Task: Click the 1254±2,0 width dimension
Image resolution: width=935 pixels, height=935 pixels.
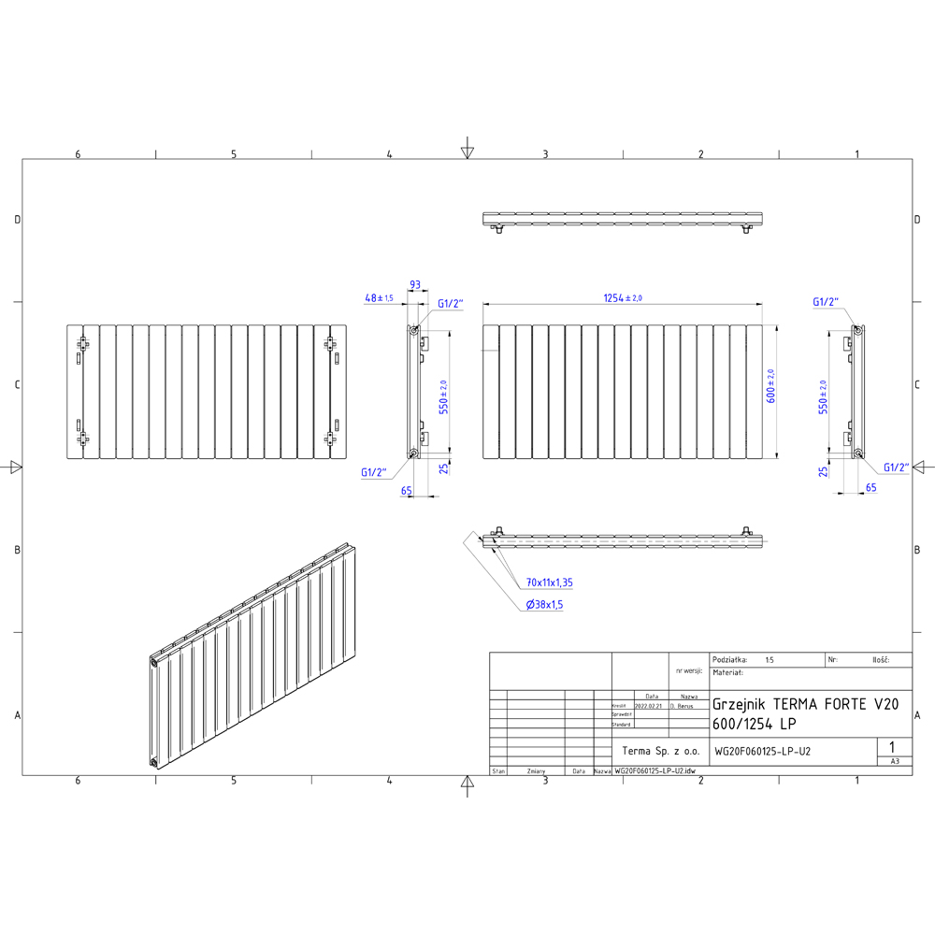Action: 624,297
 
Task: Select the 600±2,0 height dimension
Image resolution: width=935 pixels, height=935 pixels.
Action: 772,385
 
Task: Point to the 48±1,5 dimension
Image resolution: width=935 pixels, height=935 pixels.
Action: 379,297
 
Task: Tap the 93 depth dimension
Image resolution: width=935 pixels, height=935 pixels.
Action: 414,284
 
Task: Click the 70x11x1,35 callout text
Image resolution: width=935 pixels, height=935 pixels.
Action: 550,583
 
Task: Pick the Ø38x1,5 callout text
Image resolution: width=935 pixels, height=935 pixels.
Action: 545,605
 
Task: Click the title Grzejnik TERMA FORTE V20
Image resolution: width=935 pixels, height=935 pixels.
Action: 805,704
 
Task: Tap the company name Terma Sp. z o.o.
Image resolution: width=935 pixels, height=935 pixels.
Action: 660,750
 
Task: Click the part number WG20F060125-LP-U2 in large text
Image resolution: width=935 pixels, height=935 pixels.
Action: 762,750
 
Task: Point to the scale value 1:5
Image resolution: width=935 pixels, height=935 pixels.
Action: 769,659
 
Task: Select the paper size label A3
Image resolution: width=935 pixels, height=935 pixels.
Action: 895,762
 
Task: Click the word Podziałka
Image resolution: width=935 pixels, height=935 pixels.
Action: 729,659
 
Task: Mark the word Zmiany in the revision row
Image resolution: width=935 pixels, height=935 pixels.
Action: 536,771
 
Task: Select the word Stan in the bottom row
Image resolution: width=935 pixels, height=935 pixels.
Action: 498,771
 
